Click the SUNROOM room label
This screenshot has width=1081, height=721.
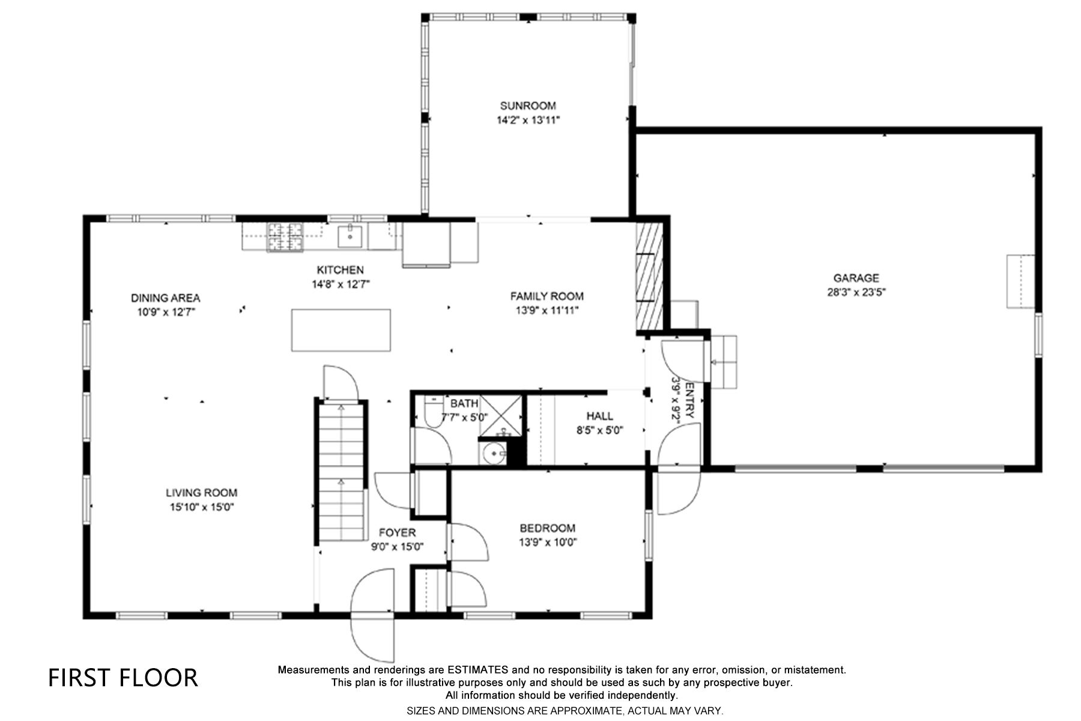click(x=528, y=106)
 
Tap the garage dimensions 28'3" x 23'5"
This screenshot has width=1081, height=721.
click(x=856, y=293)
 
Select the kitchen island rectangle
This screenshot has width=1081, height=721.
click(x=341, y=330)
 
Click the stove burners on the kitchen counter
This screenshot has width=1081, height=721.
click(x=285, y=236)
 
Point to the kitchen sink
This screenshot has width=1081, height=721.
click(x=350, y=236)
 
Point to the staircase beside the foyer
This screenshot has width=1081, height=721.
click(x=341, y=472)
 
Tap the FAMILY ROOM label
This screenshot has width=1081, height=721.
click(x=547, y=296)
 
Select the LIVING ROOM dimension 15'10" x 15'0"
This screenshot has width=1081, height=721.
click(x=201, y=507)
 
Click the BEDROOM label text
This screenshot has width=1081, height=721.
click(x=547, y=528)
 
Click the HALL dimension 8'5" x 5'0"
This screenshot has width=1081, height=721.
click(x=599, y=430)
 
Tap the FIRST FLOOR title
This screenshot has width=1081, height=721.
click(x=123, y=678)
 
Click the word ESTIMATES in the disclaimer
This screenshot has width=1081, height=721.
click(x=477, y=670)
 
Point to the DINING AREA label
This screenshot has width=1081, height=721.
click(x=165, y=298)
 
